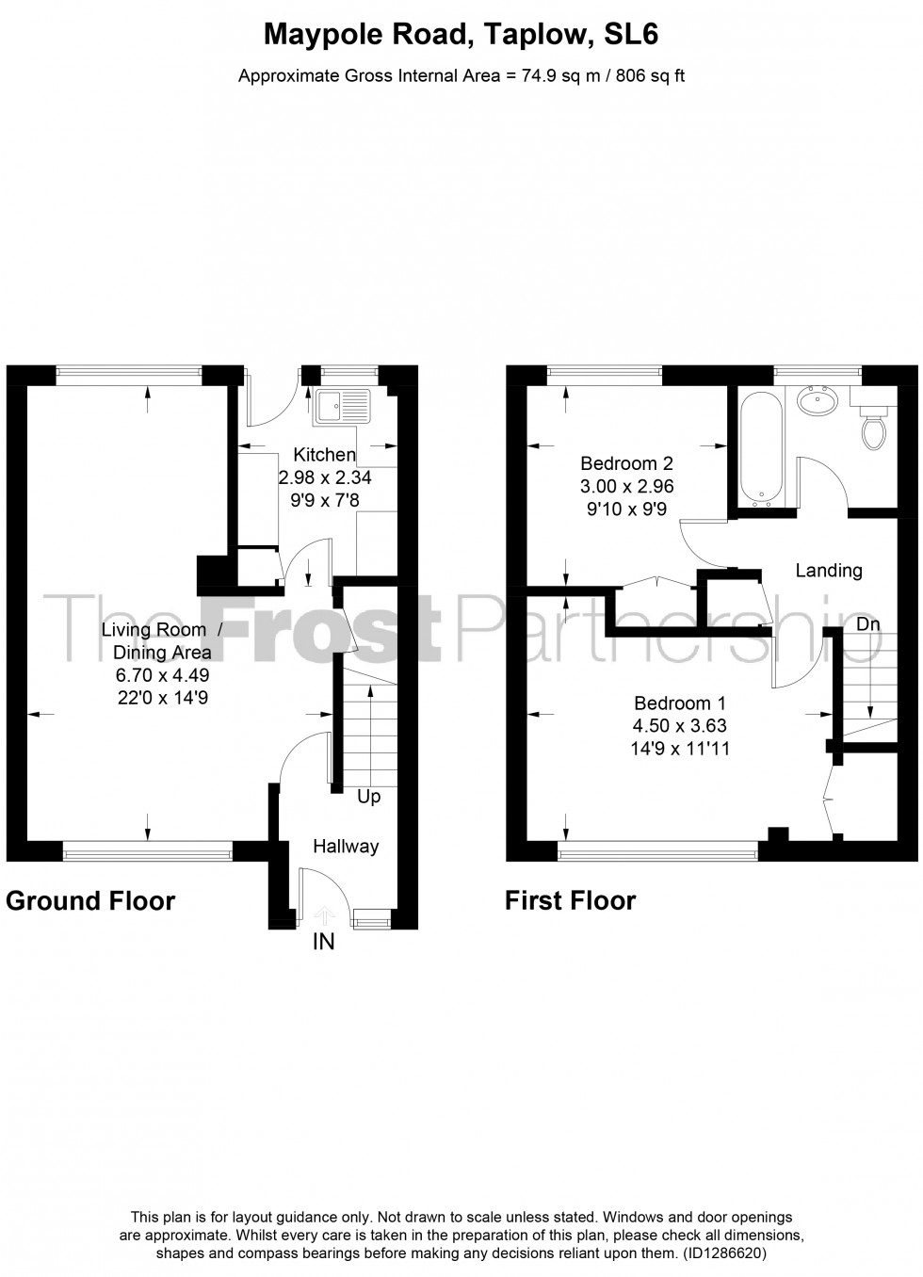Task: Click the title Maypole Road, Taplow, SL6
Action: pos(461,36)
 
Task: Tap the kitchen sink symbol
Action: pos(344,406)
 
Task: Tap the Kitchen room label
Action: pos(324,456)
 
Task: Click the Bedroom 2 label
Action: pos(626,463)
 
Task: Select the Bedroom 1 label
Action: pos(680,703)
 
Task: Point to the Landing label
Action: pos(829,570)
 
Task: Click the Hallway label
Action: pos(346,847)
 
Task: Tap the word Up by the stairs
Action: pos(368,798)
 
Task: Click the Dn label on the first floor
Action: pos(868,624)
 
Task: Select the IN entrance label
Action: pos(323,941)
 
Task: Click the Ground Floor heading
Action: pos(90,901)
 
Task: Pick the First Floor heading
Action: pos(570,901)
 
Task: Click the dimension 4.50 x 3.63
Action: pos(680,726)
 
